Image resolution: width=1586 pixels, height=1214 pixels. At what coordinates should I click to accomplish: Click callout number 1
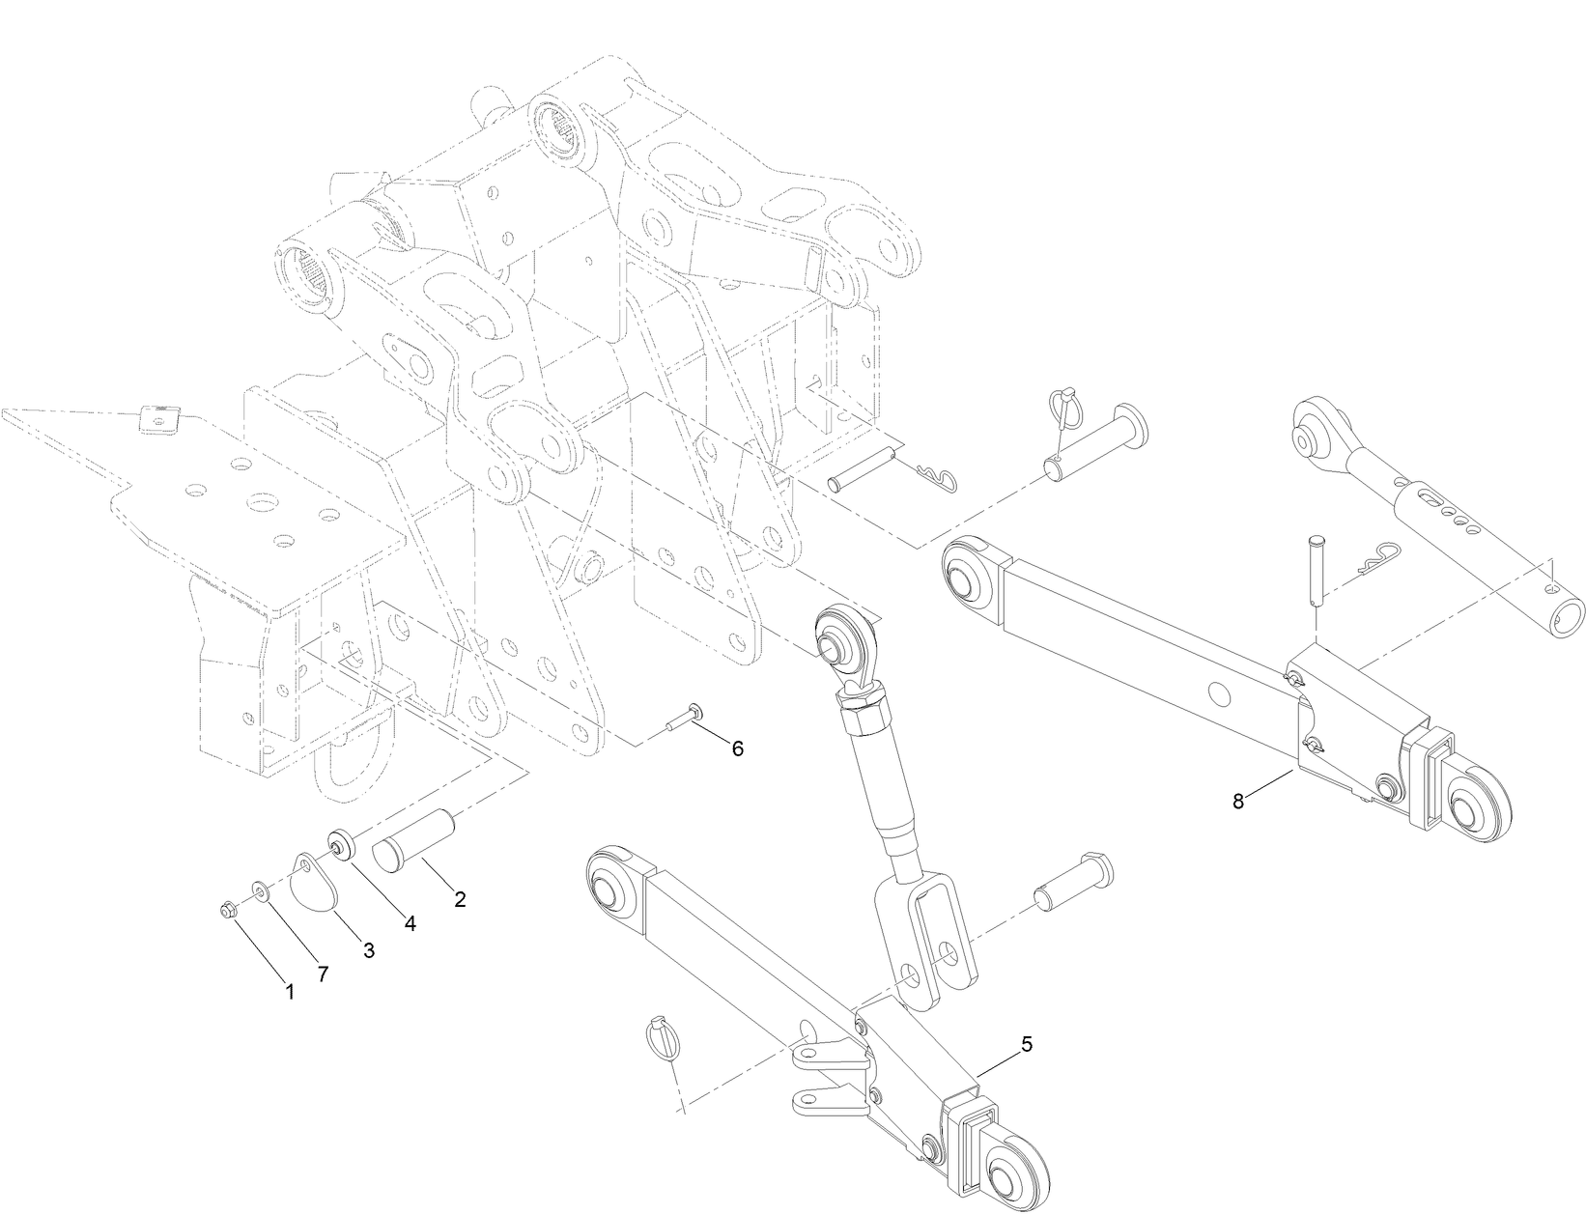coord(289,991)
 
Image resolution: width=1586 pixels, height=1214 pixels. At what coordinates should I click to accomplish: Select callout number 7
coord(323,974)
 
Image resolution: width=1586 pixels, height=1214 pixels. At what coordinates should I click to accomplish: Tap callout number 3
coord(368,950)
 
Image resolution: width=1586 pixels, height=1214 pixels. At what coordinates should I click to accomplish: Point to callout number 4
coord(410,923)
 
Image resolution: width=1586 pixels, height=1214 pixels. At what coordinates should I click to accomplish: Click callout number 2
coord(460,899)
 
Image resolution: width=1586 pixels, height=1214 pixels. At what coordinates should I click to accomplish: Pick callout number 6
coord(737,748)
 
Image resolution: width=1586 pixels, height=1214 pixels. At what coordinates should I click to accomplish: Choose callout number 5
coord(1027,1044)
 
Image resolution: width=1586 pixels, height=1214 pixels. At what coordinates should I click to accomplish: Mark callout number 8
coord(1239,800)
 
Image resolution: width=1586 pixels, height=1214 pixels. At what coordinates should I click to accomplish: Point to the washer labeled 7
coord(260,889)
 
